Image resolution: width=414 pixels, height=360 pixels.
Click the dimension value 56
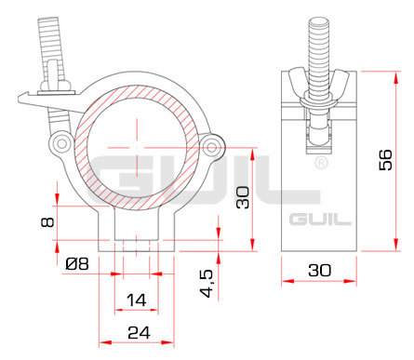[385, 160]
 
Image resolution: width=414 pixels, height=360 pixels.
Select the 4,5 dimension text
[207, 284]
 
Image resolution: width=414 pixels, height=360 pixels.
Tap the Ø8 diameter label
[77, 264]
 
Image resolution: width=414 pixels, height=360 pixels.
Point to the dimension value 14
[137, 300]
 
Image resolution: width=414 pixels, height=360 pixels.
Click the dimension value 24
[139, 333]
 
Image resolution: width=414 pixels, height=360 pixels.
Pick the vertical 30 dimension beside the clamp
[243, 197]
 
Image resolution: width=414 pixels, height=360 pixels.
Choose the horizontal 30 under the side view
[320, 270]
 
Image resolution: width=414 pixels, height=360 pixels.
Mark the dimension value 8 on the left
[47, 222]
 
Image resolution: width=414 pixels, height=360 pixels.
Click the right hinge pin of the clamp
[212, 147]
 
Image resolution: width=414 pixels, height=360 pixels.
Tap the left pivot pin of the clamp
[62, 143]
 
